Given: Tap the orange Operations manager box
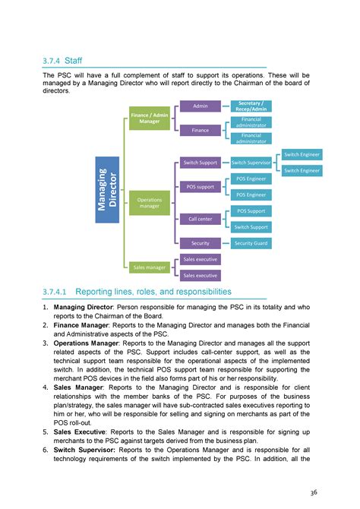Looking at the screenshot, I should [149, 203].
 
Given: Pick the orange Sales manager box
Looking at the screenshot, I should [149, 267].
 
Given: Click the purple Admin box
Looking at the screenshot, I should [201, 106].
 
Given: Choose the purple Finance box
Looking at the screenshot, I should [201, 130].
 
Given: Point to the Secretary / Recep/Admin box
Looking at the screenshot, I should [251, 106].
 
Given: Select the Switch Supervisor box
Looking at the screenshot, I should [251, 163].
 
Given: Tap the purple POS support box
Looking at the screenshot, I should [201, 186].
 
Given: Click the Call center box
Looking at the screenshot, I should [201, 219].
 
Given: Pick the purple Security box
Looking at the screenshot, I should [201, 243].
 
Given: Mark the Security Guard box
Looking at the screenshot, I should [251, 243].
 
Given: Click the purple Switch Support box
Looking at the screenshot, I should [201, 163].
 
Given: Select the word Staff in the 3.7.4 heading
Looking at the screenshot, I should [74, 60].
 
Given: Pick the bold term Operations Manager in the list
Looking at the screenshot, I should [87, 344].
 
